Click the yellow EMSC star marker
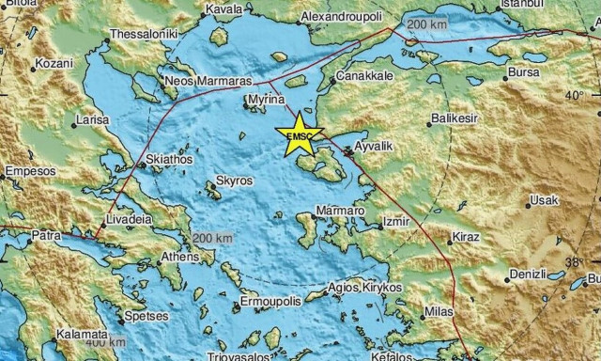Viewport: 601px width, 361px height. [x=299, y=135]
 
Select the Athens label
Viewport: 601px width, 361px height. [x=180, y=258]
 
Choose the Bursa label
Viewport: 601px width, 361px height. [x=524, y=71]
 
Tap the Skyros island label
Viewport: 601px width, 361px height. [x=230, y=178]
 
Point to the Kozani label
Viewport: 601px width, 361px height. [x=51, y=65]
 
